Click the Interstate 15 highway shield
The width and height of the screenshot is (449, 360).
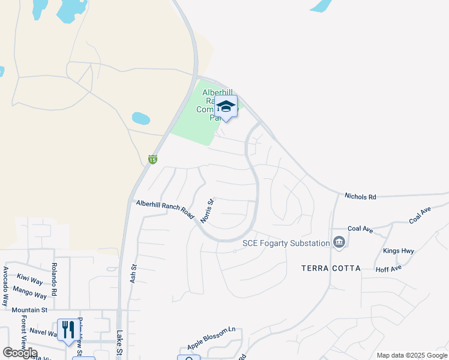click(x=153, y=160)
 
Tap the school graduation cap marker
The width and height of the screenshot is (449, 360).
click(x=226, y=107)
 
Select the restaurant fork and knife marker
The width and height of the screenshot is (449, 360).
click(x=67, y=329)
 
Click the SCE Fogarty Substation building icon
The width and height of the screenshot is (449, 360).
click(x=339, y=243)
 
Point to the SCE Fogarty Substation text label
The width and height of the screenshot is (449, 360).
click(x=286, y=243)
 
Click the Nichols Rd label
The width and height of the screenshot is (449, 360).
click(x=360, y=196)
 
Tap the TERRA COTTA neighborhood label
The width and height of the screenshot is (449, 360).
click(x=331, y=268)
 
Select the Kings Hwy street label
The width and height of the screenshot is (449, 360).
click(x=398, y=250)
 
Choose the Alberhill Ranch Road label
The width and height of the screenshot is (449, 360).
click(x=166, y=208)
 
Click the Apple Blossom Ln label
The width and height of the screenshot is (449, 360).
click(x=211, y=338)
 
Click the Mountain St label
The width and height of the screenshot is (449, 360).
click(x=29, y=310)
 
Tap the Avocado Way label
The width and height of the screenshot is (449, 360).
click(x=5, y=285)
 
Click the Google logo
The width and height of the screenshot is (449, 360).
click(x=20, y=353)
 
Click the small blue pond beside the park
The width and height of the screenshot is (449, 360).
click(x=140, y=118)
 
